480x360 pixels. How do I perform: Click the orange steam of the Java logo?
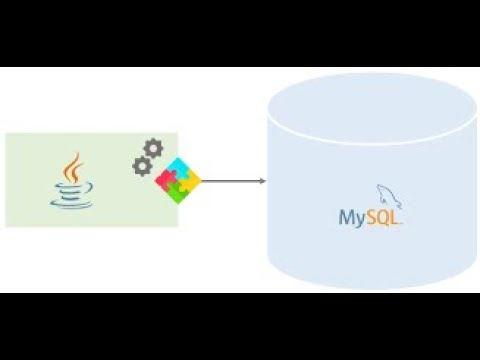pos(74,163)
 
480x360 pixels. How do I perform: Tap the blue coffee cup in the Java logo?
pos(72,185)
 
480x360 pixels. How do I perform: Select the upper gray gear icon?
pos(153,149)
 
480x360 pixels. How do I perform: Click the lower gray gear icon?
pos(142,167)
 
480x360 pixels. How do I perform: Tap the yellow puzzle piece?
pos(190,180)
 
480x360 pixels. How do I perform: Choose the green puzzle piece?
pos(178,192)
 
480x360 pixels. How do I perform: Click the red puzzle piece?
pos(166,180)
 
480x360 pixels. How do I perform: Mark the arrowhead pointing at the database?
pos(262,181)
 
